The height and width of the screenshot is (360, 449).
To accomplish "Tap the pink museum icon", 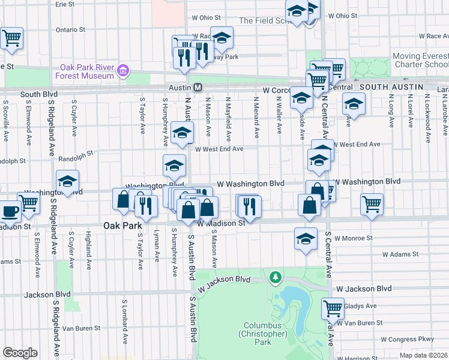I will (x=123, y=71).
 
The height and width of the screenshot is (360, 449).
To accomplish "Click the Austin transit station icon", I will (x=197, y=88).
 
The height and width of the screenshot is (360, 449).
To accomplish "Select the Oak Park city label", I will (x=121, y=226).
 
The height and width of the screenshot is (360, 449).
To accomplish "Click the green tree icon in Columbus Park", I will (x=276, y=277).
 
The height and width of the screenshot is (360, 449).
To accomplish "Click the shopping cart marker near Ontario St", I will (x=11, y=38).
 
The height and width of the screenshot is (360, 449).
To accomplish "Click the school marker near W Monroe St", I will (x=306, y=238).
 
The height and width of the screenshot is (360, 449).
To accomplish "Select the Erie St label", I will (x=65, y=4).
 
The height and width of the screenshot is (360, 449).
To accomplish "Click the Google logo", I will (x=20, y=353).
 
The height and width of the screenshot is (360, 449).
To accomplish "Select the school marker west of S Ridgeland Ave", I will (x=68, y=181).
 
